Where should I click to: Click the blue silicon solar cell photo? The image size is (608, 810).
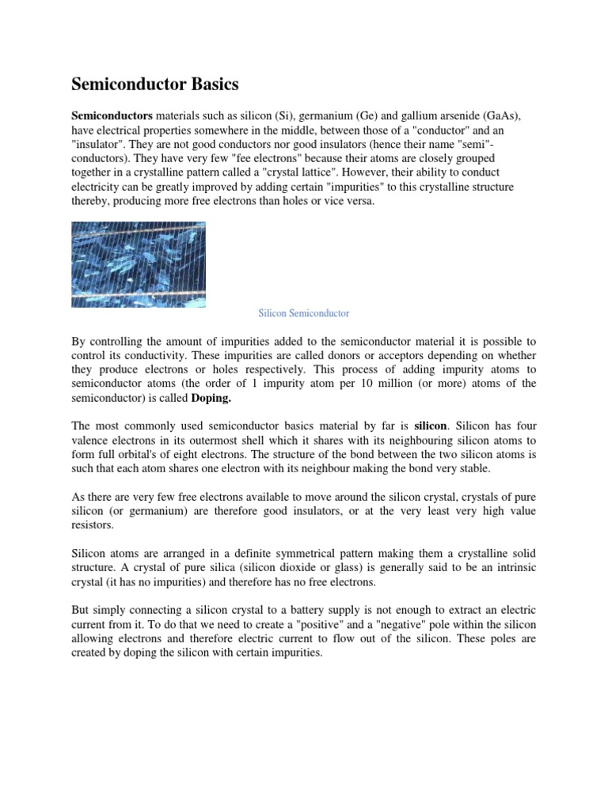click(x=139, y=264)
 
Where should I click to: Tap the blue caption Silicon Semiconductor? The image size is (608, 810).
click(x=304, y=313)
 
